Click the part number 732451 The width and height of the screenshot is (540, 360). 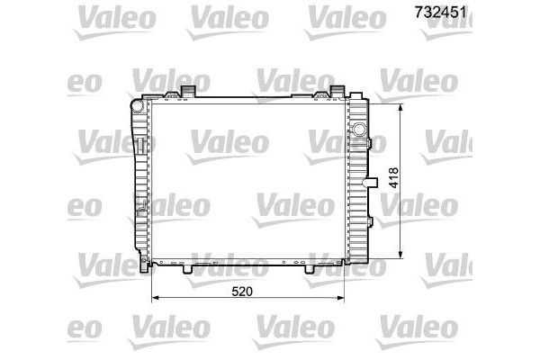click(x=440, y=13)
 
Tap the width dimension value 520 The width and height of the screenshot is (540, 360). click(x=242, y=292)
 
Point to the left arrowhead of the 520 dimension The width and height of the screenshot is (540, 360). click(x=156, y=297)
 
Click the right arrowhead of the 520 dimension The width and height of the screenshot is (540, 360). click(x=341, y=297)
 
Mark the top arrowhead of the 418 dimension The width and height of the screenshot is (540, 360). click(x=400, y=107)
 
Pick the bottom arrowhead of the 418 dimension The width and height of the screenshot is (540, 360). click(x=400, y=254)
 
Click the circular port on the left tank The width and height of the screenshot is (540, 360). click(x=138, y=105)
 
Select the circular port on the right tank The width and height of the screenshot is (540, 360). click(x=359, y=129)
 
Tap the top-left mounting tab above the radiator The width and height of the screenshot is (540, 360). click(x=188, y=91)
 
